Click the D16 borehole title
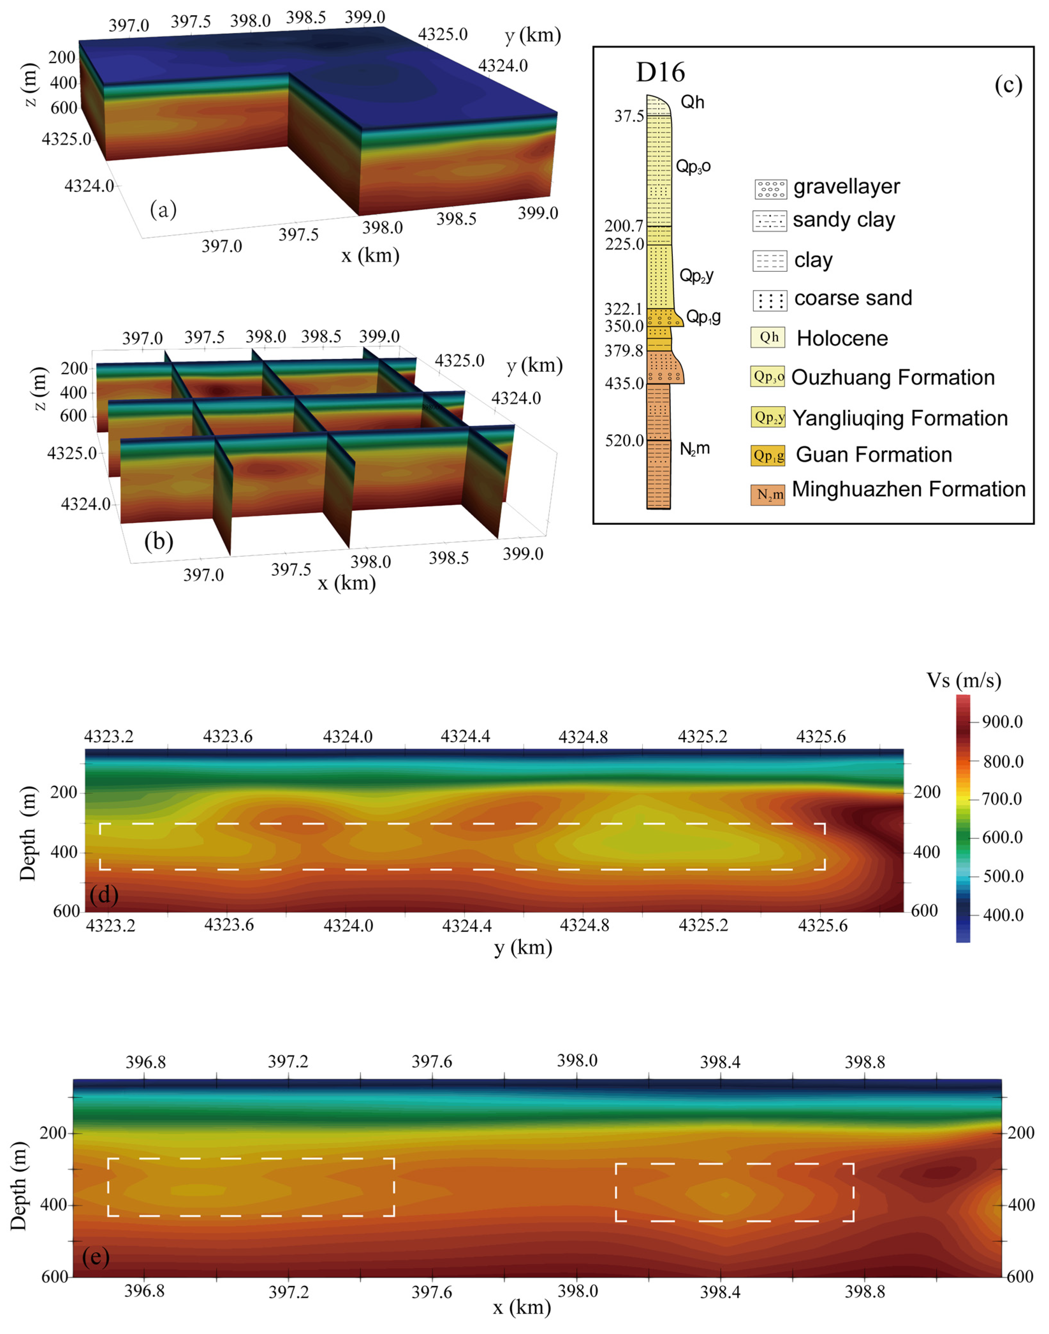click(x=660, y=72)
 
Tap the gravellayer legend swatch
click(x=770, y=189)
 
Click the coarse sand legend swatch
click(x=770, y=300)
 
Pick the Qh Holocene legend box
click(x=768, y=337)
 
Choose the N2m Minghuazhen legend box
click(x=768, y=495)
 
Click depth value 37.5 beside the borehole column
click(x=629, y=116)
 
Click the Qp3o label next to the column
click(x=693, y=166)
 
